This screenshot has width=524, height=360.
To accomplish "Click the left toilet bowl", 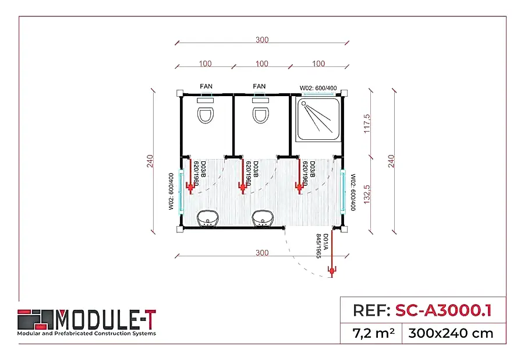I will [x=206, y=114].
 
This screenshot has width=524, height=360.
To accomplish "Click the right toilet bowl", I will [x=260, y=114].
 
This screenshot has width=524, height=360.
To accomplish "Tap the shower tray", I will [x=318, y=119].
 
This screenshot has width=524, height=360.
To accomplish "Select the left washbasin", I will [x=207, y=219].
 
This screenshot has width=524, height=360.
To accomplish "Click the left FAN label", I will [x=206, y=86].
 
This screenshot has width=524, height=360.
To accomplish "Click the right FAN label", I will [x=259, y=86].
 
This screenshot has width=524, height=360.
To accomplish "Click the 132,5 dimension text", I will [x=367, y=192].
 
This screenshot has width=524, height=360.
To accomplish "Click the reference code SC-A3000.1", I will [x=442, y=310].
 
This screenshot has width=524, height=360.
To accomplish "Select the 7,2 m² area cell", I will [x=374, y=333].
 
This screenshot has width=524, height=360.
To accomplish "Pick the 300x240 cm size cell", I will [x=451, y=333].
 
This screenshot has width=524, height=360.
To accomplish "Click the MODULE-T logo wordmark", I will [x=105, y=319].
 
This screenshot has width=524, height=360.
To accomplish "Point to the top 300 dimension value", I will [x=262, y=40].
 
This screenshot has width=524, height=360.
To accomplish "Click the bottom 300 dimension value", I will [x=262, y=252].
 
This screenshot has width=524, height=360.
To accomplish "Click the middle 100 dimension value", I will [x=262, y=63].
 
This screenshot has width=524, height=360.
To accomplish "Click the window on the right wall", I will [x=344, y=192].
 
